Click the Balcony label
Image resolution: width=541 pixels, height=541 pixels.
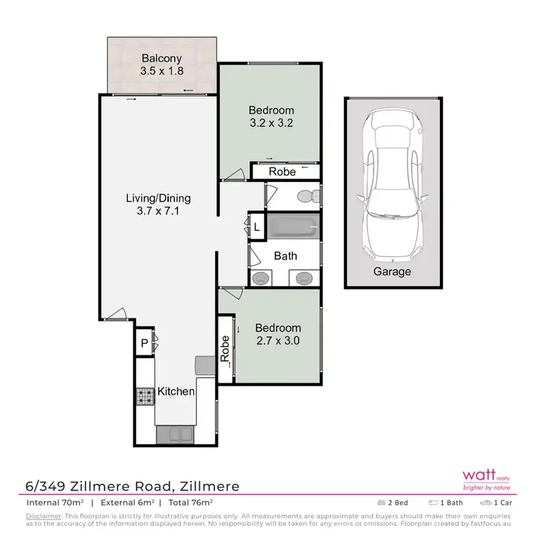pyautogui.click(x=161, y=59)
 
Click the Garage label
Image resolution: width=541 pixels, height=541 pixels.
pyautogui.click(x=392, y=272)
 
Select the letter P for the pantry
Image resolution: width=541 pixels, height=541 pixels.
pyautogui.click(x=144, y=343)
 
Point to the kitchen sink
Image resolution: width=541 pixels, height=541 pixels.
pyautogui.click(x=173, y=433)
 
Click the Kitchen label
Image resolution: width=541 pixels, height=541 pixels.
pyautogui.click(x=177, y=391)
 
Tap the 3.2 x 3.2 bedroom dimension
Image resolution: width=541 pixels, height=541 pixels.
pyautogui.click(x=270, y=123)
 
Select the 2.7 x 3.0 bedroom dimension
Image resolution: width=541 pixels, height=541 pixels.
pyautogui.click(x=278, y=340)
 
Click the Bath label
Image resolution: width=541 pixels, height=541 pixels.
pyautogui.click(x=286, y=256)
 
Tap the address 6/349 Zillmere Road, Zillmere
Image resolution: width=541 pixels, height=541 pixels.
pyautogui.click(x=133, y=486)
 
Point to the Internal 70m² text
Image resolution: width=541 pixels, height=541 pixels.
pyautogui.click(x=55, y=502)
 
